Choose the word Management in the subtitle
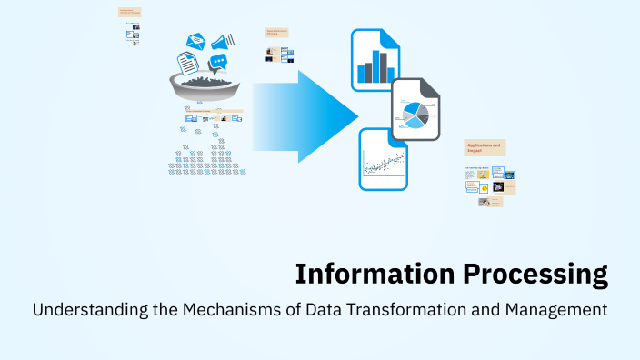pos(554,310)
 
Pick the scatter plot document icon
pos(383,158)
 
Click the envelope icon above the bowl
pos(196,40)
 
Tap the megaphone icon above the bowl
pos(223,41)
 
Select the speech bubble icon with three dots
pos(217,63)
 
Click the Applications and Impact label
pos(485,147)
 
